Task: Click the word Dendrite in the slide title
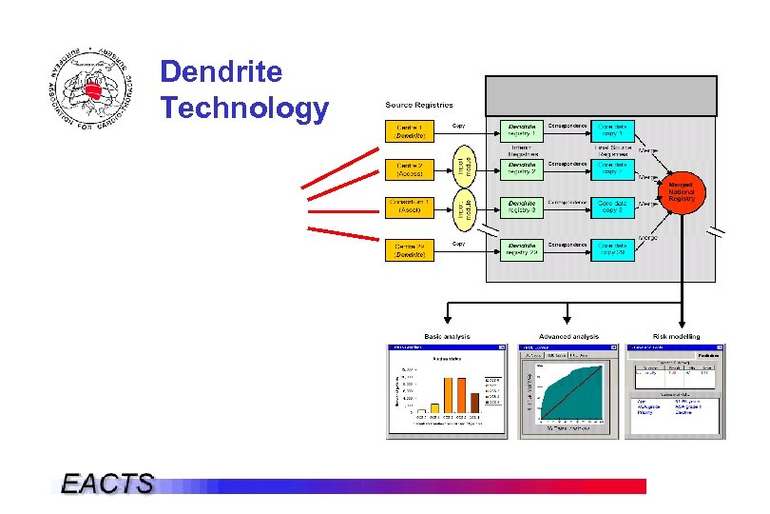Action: pos(221,72)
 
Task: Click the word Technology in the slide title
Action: pos(244,109)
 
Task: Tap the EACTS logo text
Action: pos(106,484)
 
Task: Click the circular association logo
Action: pos(90,89)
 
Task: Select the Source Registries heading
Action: pos(418,105)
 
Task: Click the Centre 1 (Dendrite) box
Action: pos(410,130)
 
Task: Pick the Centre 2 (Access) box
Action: pos(410,169)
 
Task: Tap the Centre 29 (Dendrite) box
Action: pos(410,250)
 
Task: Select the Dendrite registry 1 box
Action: pos(521,130)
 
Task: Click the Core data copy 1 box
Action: pos(611,130)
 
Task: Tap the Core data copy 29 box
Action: pos(611,249)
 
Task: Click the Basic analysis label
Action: pos(447,336)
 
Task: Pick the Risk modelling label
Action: pos(676,336)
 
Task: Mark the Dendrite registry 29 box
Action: pos(521,249)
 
